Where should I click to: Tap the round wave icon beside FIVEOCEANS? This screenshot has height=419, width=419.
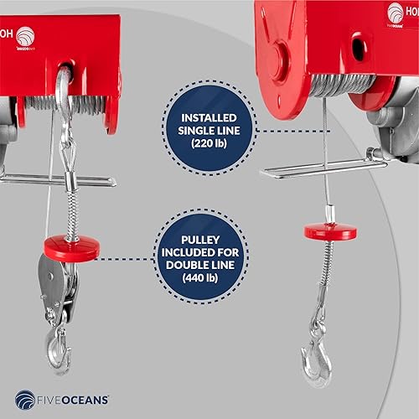(x=26, y=399)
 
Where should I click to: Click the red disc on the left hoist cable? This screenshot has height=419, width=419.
(x=71, y=247)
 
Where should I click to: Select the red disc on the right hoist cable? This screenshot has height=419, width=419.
(x=329, y=230)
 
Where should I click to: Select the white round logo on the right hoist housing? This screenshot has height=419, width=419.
(x=396, y=12)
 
